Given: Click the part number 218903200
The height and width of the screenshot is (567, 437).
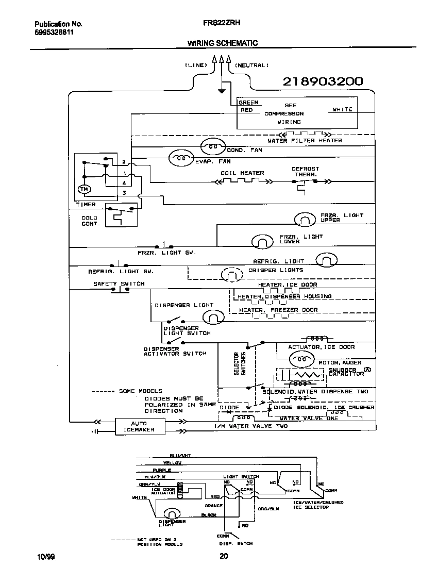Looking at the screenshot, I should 323,81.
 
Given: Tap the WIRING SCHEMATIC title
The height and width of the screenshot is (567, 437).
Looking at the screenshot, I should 222,43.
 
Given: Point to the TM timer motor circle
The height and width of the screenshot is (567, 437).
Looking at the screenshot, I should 83,190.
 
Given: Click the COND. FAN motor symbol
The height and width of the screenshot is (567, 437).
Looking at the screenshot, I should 212,147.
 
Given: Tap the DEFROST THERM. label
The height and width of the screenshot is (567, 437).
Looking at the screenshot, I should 305,172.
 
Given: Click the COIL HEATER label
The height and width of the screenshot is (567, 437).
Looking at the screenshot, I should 242,173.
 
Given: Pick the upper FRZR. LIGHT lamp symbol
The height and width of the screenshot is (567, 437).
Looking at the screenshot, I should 304,220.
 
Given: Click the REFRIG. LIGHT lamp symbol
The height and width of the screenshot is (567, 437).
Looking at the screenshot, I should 326,259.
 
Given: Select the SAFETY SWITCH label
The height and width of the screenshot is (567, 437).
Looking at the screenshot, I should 119,284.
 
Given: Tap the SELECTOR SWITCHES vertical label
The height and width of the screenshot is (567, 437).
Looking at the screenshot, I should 240,363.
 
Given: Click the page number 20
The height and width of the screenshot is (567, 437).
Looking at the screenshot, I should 223,556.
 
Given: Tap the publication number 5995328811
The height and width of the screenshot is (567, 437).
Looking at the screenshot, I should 54,31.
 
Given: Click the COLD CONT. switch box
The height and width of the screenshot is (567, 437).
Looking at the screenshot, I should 121,215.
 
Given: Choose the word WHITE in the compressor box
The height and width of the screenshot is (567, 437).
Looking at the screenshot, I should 342,109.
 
